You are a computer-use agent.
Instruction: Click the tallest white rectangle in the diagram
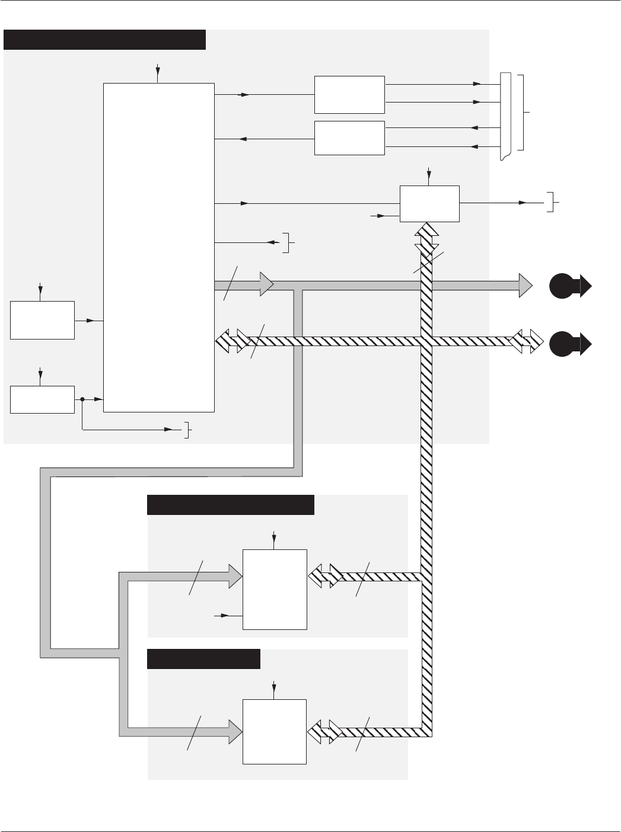point(158,247)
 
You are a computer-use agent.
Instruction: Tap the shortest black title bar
point(203,659)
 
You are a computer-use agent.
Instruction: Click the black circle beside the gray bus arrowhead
point(560,286)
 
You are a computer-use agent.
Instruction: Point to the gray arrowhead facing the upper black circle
point(526,286)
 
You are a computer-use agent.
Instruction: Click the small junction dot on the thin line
point(82,399)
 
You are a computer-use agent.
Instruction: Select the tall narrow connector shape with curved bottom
point(505,117)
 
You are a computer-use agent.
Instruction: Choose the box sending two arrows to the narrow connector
point(349,94)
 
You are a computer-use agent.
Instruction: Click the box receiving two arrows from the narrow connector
point(349,138)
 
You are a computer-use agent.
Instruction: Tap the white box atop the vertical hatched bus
point(429,203)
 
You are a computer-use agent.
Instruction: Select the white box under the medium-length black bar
point(275,589)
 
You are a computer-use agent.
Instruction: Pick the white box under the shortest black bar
point(275,731)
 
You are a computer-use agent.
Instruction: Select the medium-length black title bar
point(230,505)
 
